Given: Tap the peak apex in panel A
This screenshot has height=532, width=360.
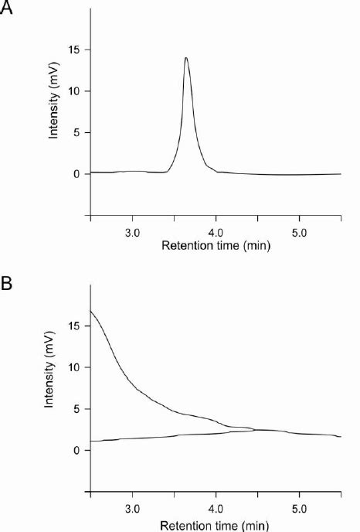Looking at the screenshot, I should (186, 57).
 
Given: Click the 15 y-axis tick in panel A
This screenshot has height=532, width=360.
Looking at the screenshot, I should (75, 50).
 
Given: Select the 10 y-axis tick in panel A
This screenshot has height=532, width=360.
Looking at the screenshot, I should (75, 91).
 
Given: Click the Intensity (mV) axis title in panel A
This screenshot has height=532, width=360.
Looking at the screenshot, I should (54, 112).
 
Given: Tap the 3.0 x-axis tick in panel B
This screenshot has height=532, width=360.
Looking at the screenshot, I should (132, 509).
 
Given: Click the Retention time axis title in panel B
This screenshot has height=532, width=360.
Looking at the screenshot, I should (216, 523).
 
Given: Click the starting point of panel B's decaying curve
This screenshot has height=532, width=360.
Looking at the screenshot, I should (91, 311).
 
